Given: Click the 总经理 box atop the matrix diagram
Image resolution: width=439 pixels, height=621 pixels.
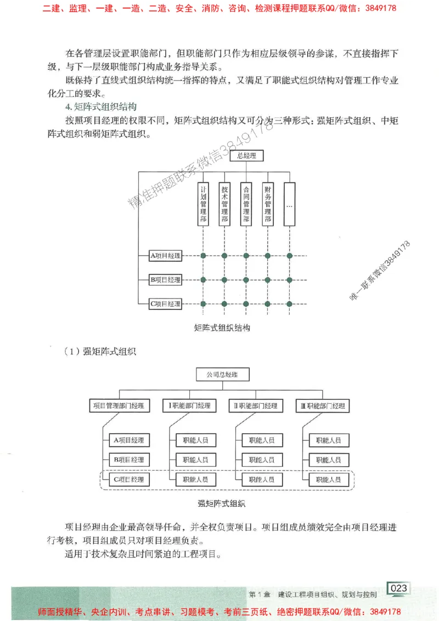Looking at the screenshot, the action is point(246,156).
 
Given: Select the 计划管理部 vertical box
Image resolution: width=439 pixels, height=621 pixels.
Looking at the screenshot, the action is point(203,204).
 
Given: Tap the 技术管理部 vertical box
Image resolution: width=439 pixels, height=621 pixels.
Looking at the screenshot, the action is point(224,204).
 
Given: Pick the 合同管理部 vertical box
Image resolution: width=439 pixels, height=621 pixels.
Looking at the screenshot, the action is point(246,204).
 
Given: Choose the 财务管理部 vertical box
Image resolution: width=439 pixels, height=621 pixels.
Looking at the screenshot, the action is point(268,204).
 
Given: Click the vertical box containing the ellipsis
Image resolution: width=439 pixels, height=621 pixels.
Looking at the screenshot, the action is point(289,204).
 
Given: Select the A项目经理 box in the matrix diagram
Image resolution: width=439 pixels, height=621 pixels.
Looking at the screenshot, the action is point(165,256).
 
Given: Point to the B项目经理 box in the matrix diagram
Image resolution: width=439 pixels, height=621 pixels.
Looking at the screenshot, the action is point(165,280).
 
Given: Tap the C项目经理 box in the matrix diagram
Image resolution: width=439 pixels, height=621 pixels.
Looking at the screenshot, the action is point(165,304).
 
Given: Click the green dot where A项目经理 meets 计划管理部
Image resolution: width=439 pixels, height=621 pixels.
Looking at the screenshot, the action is point(203,256).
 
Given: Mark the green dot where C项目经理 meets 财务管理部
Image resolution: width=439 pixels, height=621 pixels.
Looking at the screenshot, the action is point(268,304).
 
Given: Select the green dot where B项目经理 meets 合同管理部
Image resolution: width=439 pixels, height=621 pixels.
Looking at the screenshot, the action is point(246,280).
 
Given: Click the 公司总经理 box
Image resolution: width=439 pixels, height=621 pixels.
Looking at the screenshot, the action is point(223,375).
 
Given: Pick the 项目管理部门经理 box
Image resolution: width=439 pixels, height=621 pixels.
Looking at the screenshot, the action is point(119,406).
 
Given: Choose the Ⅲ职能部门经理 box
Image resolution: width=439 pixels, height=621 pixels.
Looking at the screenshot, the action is point(323,406).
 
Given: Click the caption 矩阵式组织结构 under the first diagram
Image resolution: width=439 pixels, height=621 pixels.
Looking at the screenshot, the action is point(222,328).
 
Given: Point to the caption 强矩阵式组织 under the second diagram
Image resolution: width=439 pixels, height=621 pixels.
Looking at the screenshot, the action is point(222,503).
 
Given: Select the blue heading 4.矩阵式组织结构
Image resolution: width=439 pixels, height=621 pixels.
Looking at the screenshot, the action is point(100,106).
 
